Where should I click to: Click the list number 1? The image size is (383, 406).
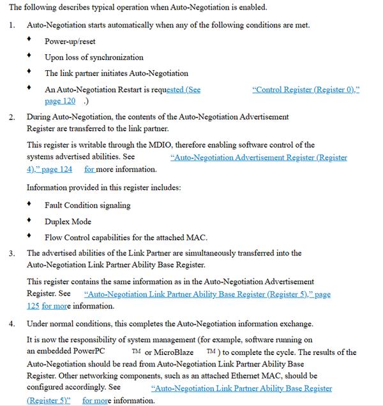[x=11, y=25]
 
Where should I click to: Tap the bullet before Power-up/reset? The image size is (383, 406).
[x=29, y=40]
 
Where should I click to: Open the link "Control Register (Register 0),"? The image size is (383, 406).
[x=306, y=90]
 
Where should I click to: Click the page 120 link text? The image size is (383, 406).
[x=60, y=101]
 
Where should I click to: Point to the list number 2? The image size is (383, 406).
[x=11, y=117]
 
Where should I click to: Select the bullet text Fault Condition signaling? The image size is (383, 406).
[x=87, y=205]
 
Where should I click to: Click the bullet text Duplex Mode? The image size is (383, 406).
[x=68, y=222]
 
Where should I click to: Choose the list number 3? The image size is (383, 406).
[x=11, y=254]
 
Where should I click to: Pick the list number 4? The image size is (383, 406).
[x=11, y=324]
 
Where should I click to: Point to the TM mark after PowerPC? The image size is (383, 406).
[x=136, y=351]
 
